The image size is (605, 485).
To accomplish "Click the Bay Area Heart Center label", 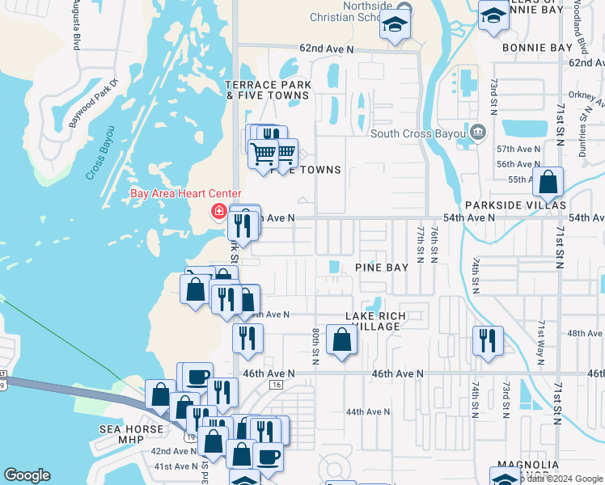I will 185,193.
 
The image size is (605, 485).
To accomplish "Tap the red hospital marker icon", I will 218,212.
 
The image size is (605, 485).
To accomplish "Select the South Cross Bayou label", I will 419,133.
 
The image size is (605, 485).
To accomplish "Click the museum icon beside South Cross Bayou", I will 477,132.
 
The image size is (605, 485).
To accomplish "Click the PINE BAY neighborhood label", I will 381,268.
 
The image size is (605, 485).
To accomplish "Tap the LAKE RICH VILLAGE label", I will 375,321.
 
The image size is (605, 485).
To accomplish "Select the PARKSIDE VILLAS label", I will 515,205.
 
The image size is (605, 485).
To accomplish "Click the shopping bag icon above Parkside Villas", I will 548,183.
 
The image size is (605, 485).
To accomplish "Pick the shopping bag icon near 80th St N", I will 341,339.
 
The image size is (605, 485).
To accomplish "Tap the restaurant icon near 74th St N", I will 488,339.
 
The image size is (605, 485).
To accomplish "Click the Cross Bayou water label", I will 100,153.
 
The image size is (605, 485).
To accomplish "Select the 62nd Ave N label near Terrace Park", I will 327,49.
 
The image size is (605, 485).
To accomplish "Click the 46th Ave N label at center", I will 398,374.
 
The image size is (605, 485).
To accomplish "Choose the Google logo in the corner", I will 27,475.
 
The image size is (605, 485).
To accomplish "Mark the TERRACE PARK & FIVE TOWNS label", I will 267,90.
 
